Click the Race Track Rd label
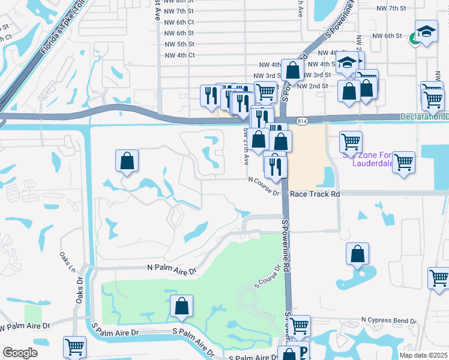315,194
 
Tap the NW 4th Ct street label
179,55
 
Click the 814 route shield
302,121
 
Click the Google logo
20,353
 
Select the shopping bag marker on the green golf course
181,306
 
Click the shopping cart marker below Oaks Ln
75,347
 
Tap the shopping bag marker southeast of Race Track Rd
357,254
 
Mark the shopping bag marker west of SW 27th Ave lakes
127,161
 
